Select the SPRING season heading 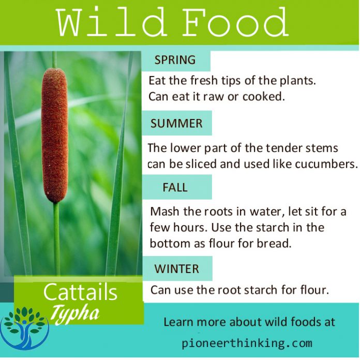tap(175, 60)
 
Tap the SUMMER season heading tap(176, 124)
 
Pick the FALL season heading tap(175, 187)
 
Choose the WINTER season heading tap(176, 269)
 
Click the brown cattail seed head tap(54, 134)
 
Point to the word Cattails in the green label tap(80, 293)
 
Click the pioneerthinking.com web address tap(247, 342)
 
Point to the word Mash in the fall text tap(163, 212)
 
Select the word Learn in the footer tap(178, 322)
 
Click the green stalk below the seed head tap(56, 238)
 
